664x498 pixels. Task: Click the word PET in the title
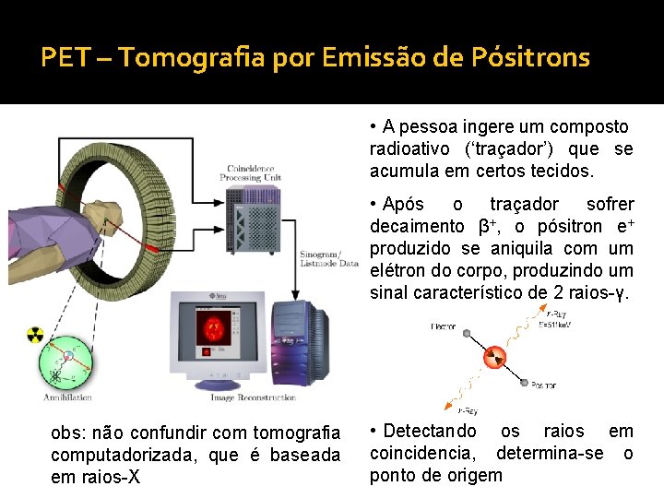pos(63,58)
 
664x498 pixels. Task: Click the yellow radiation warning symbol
pos(35,334)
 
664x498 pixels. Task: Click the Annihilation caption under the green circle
pos(67,397)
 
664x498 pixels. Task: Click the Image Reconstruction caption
pos(252,397)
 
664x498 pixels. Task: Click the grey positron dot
pos(523,383)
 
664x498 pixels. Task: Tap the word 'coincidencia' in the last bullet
pos(427,453)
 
